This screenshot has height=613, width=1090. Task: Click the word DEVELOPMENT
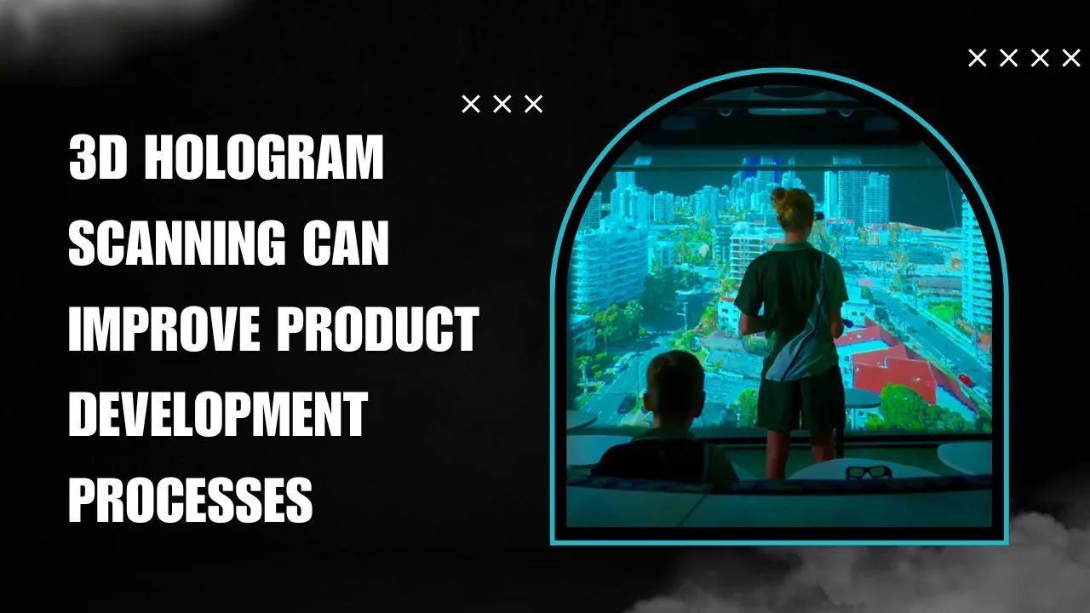(218, 415)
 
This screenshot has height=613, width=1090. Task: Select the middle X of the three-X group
(502, 104)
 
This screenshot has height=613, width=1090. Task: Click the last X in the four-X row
(1070, 58)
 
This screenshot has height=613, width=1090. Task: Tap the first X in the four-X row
(978, 58)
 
